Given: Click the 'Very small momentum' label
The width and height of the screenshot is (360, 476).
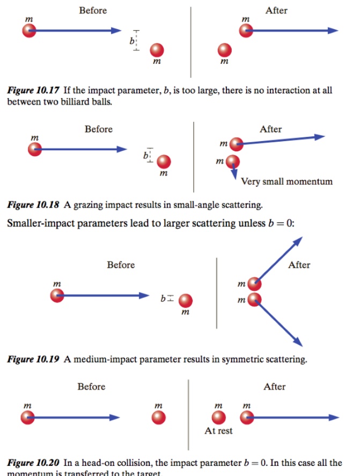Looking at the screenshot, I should pyautogui.click(x=286, y=181).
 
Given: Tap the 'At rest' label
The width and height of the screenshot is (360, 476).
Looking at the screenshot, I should pyautogui.click(x=218, y=430).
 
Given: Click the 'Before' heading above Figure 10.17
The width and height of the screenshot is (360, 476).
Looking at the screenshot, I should pyautogui.click(x=93, y=10).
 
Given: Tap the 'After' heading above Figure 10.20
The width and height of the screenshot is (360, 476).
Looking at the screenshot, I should pyautogui.click(x=275, y=386).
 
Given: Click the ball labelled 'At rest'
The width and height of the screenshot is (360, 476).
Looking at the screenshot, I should pyautogui.click(x=219, y=418).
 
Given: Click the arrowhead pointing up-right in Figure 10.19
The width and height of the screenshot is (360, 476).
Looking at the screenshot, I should pyautogui.click(x=297, y=240).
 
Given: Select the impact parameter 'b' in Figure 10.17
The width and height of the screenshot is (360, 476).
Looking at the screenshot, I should pyautogui.click(x=131, y=41).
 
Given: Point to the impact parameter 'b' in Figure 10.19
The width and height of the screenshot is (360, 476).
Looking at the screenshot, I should pyautogui.click(x=163, y=297).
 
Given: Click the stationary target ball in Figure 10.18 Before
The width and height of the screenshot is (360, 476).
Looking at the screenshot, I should pyautogui.click(x=164, y=162).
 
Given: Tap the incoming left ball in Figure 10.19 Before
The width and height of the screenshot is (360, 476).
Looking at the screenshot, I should pyautogui.click(x=57, y=295).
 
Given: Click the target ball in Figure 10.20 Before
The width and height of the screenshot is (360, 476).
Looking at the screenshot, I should pyautogui.click(x=158, y=418).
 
